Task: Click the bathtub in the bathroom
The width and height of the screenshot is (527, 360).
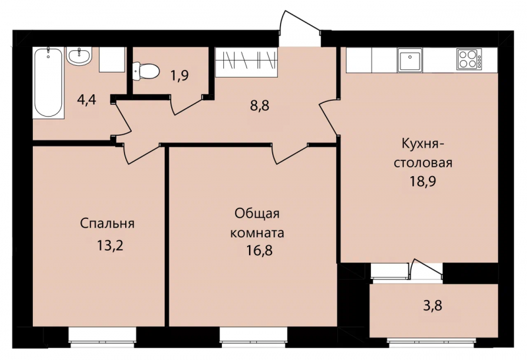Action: point(48,83)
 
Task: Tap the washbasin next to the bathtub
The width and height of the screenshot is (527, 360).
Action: point(78,55)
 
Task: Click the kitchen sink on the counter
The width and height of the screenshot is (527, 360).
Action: point(410,60)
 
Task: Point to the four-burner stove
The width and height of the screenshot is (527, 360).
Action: point(469,59)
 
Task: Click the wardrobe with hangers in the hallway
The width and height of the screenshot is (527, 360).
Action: point(246,61)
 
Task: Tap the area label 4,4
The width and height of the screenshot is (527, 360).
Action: point(86,100)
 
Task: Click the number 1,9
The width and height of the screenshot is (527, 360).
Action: point(180,76)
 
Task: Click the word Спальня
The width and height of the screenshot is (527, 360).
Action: point(107,224)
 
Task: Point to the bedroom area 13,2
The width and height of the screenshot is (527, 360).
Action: point(110,246)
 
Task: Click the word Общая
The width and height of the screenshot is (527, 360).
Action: point(257,214)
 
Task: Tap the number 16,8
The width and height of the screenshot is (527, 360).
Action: point(259,251)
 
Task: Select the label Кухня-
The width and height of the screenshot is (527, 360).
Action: point(423,144)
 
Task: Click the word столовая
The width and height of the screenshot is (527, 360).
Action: point(423,163)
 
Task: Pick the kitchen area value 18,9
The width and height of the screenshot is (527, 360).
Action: point(422,181)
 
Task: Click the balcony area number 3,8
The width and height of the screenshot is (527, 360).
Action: point(432,306)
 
